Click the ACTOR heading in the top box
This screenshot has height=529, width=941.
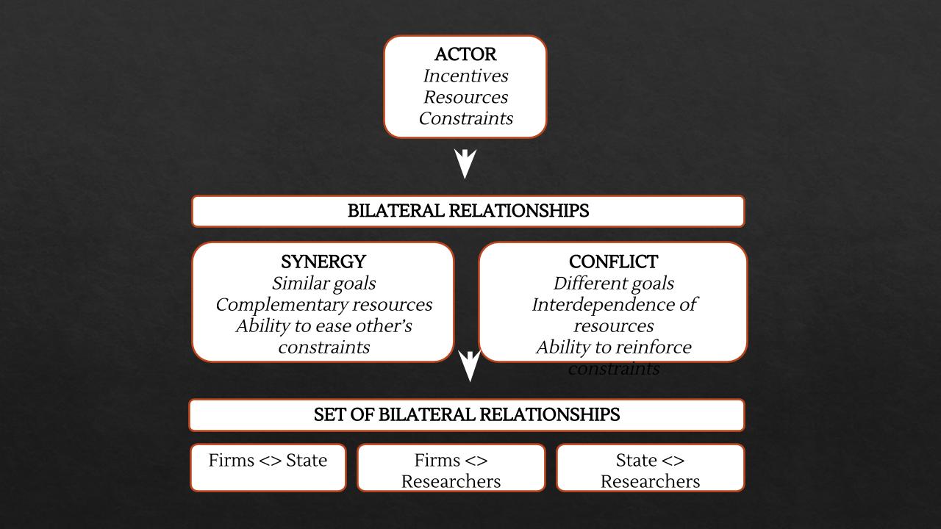point(465,54)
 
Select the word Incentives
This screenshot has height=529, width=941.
point(465,76)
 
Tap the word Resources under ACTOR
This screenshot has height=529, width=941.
point(465,97)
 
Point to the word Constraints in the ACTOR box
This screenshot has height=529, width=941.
point(465,118)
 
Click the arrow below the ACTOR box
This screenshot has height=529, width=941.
point(465,163)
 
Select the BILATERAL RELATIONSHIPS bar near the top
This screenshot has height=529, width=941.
point(468,212)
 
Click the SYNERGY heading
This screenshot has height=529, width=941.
point(323,262)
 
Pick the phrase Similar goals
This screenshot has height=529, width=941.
point(323,283)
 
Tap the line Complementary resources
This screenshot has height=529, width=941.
point(323,304)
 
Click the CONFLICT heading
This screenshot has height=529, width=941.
point(613,262)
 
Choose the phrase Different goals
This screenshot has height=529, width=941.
point(613,283)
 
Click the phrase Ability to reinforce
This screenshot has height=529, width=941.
point(613,347)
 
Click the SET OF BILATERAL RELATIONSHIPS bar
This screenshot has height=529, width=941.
point(466,415)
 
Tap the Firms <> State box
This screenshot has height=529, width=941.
point(268,467)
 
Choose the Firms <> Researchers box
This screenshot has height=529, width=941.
point(451,468)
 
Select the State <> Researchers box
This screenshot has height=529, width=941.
point(650,468)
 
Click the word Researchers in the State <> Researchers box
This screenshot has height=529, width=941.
point(650,482)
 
